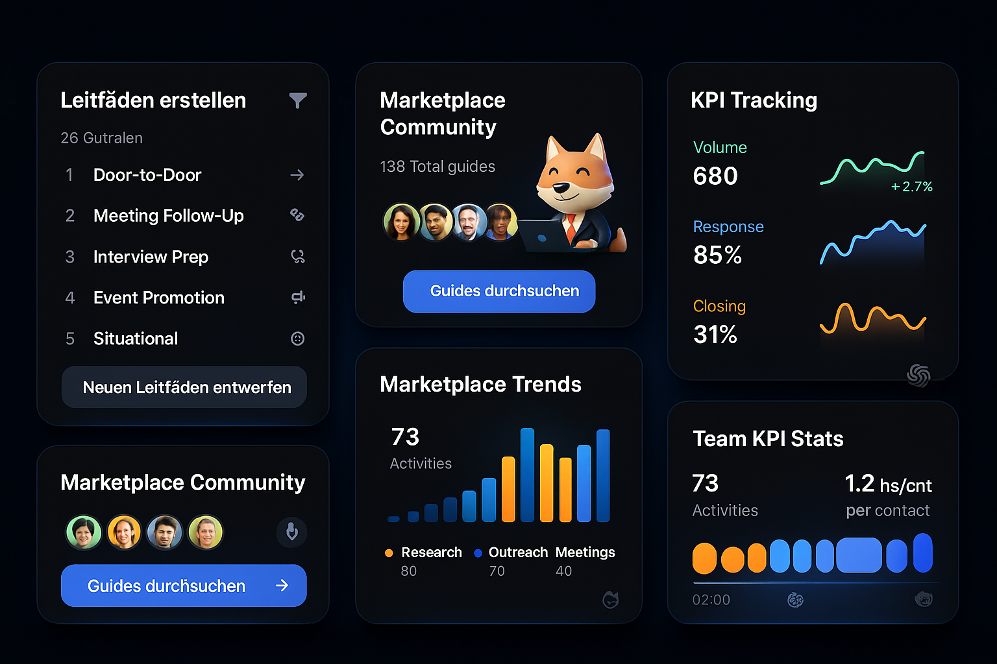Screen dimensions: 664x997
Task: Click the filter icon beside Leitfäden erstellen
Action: (x=298, y=101)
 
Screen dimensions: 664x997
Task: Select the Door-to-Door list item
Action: (x=147, y=175)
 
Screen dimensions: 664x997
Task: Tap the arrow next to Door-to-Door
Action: (x=297, y=175)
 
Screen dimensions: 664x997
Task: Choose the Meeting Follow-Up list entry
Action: (x=168, y=216)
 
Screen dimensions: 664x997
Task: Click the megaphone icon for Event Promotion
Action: (x=298, y=298)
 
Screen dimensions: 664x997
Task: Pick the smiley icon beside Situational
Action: (x=298, y=338)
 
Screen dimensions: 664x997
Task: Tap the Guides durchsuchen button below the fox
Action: (x=498, y=291)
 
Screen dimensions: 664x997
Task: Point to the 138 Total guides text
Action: (x=437, y=167)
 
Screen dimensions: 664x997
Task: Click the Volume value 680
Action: (x=715, y=176)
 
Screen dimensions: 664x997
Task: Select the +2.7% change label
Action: (x=911, y=187)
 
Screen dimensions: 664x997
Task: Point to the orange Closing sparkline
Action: (x=872, y=318)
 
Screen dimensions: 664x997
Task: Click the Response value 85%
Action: (x=717, y=255)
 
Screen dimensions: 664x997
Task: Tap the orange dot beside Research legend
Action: (x=389, y=553)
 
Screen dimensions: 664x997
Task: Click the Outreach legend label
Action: (x=518, y=552)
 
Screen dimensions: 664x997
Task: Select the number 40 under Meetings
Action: (x=563, y=571)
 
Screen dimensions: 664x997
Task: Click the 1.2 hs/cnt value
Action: (x=887, y=484)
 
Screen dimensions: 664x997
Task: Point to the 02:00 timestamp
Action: (x=711, y=600)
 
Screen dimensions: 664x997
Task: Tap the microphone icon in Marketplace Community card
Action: (x=292, y=532)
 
